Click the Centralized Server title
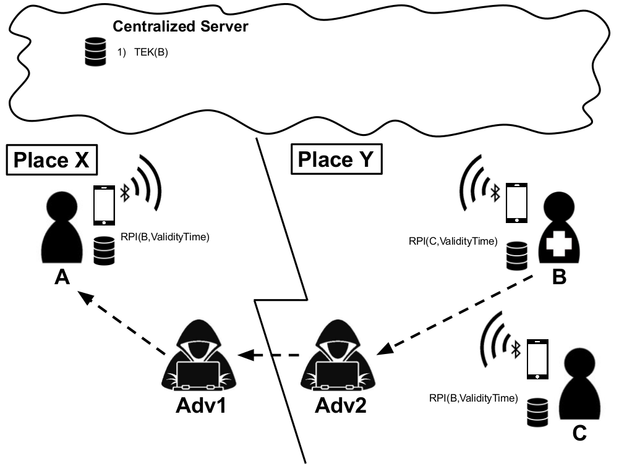[181, 27]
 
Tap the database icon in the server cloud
[95, 51]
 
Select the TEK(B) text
[152, 52]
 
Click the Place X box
[52, 160]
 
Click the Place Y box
[336, 159]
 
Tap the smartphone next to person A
[105, 205]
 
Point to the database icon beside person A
[105, 251]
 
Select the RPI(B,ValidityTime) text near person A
[165, 237]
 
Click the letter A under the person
[62, 277]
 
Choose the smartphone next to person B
[517, 203]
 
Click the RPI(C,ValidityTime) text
[453, 241]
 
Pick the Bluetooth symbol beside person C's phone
[516, 350]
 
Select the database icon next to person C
[537, 412]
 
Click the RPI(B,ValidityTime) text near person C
[473, 398]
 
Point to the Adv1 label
[201, 405]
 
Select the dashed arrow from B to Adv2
[455, 314]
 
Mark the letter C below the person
[579, 433]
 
